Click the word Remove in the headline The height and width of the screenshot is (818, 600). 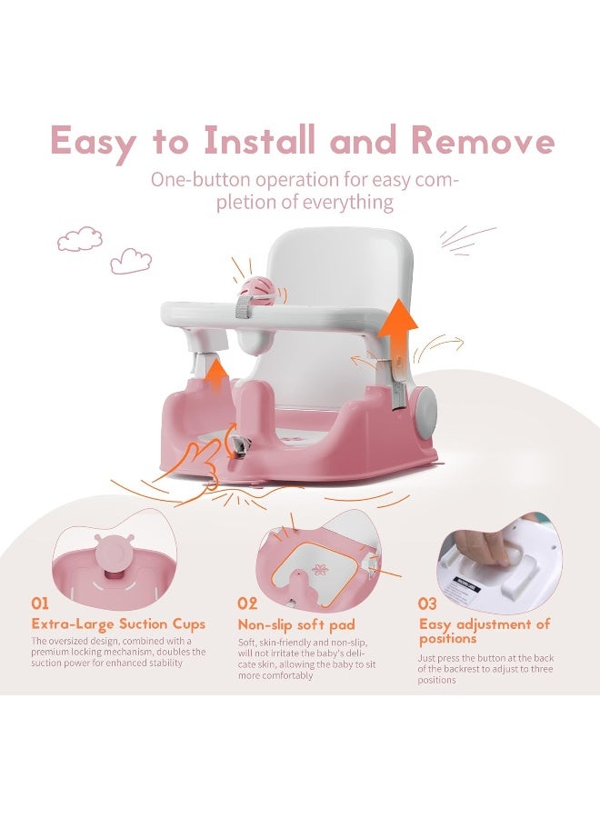pyautogui.click(x=482, y=142)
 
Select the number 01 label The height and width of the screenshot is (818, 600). pyautogui.click(x=42, y=603)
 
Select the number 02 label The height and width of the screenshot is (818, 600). pyautogui.click(x=248, y=603)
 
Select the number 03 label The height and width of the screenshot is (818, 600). pyautogui.click(x=428, y=603)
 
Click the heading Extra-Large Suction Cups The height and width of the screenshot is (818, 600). pyautogui.click(x=118, y=624)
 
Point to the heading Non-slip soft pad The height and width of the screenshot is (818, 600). pyautogui.click(x=296, y=625)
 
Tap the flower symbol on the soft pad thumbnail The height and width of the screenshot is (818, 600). pyautogui.click(x=319, y=569)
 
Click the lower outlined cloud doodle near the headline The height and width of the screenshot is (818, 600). pyautogui.click(x=131, y=262)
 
